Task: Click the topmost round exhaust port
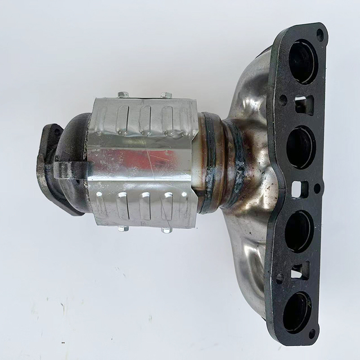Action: [303, 62]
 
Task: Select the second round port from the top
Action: [301, 147]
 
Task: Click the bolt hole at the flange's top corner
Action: [320, 35]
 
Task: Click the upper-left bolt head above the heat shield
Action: [124, 94]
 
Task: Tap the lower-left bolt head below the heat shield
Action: [124, 228]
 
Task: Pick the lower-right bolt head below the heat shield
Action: [166, 229]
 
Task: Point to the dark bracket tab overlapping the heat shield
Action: [72, 169]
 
